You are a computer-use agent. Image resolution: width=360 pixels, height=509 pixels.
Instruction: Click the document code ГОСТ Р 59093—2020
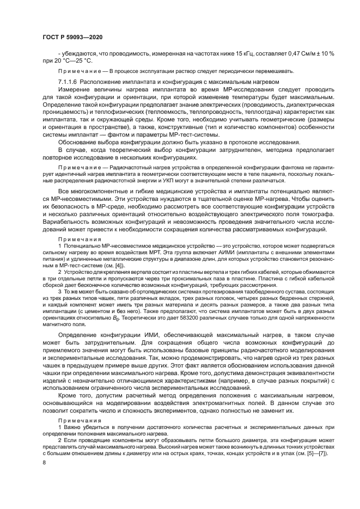pyautogui.click(x=72, y=36)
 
